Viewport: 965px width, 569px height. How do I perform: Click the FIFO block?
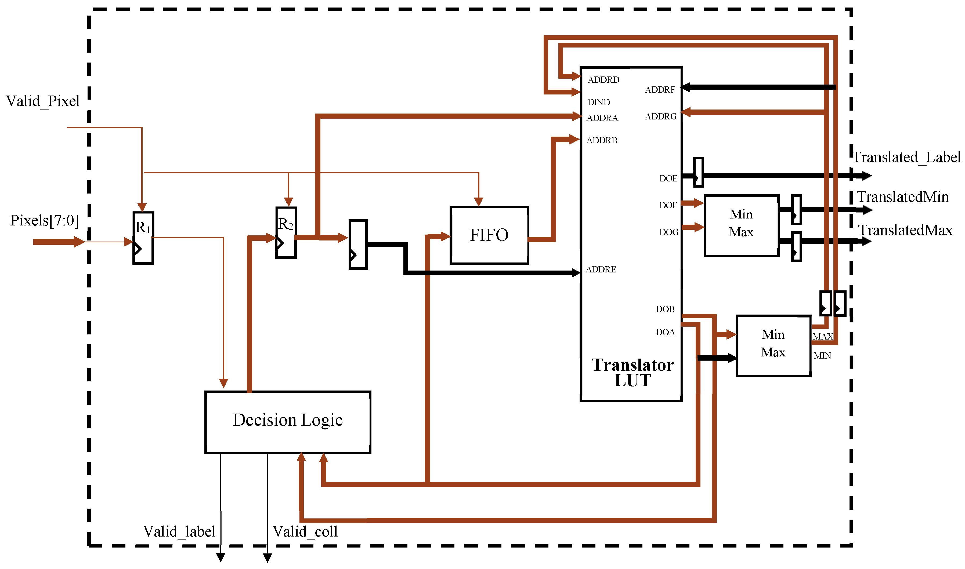(x=489, y=235)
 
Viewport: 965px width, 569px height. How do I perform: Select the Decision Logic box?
(x=288, y=422)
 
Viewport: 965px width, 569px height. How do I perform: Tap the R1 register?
(x=143, y=238)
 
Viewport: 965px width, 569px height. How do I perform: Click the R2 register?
(x=286, y=233)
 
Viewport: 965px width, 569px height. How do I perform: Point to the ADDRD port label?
(x=603, y=80)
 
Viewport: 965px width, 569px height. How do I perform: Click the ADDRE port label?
(x=601, y=269)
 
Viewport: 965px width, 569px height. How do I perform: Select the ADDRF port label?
(x=660, y=90)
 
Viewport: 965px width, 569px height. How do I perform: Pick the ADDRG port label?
(x=661, y=116)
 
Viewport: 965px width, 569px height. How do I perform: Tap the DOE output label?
(x=668, y=179)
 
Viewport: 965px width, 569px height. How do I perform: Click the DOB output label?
(x=665, y=309)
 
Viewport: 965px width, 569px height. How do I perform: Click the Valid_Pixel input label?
(x=43, y=101)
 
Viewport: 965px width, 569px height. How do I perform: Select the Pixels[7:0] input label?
(x=45, y=220)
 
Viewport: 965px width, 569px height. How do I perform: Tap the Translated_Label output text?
(x=906, y=157)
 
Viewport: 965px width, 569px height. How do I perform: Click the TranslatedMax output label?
(x=905, y=231)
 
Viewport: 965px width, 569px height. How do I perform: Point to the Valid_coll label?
(x=305, y=532)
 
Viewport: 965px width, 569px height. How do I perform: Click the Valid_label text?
(x=179, y=532)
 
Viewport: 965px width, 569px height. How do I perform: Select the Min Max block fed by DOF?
(x=741, y=225)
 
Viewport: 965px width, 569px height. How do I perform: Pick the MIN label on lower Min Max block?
(x=822, y=356)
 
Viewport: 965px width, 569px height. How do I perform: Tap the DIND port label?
(x=599, y=102)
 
